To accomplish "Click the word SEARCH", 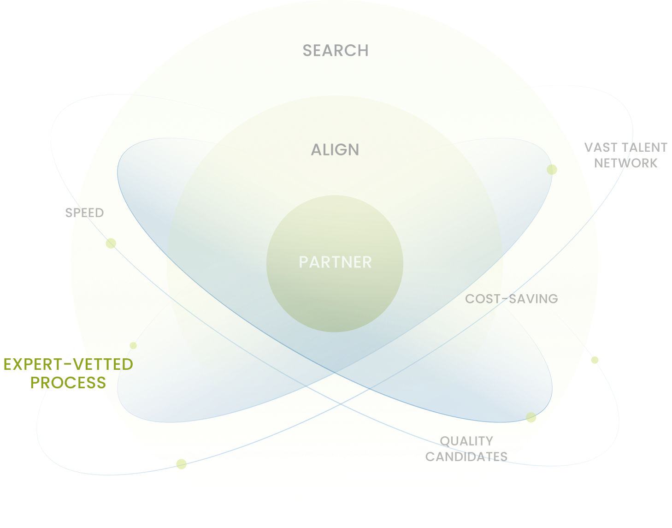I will point(335,50).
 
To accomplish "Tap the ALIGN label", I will point(335,149).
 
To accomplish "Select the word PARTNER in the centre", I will point(335,262).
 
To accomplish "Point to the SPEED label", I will point(84,213).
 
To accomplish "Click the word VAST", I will point(600,147).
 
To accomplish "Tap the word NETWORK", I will point(625,163).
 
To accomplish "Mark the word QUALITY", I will point(466,441).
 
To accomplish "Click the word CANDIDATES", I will point(466,457).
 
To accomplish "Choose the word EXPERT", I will point(31,364).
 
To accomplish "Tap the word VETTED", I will point(103,364).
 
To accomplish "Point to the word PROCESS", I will point(68,383).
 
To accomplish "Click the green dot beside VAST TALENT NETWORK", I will point(550,169).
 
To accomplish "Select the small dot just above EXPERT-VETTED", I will point(133,345).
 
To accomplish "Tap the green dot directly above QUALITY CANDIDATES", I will point(531,417).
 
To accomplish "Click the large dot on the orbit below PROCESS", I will point(182,464).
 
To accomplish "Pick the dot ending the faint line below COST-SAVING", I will point(595,360).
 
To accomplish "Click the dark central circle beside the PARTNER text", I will point(335,304).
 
